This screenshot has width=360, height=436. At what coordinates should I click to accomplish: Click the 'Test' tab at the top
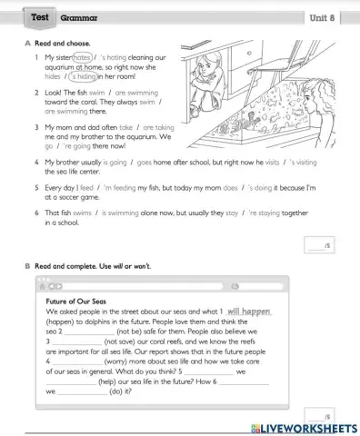click(39, 17)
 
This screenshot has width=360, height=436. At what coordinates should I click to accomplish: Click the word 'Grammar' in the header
click(79, 17)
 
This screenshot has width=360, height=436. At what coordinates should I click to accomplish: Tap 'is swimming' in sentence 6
click(109, 213)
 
